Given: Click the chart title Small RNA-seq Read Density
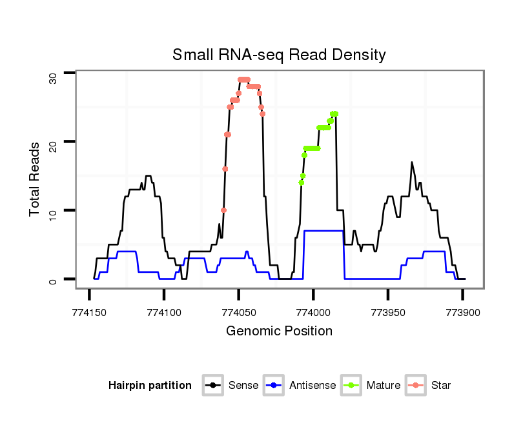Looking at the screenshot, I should pyautogui.click(x=279, y=55).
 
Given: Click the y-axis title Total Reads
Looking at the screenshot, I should pyautogui.click(x=35, y=179).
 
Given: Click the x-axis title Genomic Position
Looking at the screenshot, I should pyautogui.click(x=279, y=331).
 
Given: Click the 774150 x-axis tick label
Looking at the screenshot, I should pyautogui.click(x=89, y=311).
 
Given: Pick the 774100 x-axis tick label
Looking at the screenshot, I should pyautogui.click(x=164, y=311).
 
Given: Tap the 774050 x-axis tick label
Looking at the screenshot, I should pyautogui.click(x=238, y=311).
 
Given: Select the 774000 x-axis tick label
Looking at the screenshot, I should pyautogui.click(x=313, y=311).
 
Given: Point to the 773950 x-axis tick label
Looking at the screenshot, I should pyautogui.click(x=387, y=311).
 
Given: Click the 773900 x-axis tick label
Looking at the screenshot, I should pyautogui.click(x=462, y=311).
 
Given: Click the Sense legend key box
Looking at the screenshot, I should pyautogui.click(x=212, y=386).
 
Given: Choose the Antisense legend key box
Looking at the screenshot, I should pyautogui.click(x=274, y=386).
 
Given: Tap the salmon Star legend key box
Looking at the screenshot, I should pyautogui.click(x=416, y=386).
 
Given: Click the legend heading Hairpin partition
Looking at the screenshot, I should pyautogui.click(x=150, y=386).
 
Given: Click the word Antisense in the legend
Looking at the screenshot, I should pyautogui.click(x=313, y=386).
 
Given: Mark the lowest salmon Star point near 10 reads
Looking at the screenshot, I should pyautogui.click(x=223, y=210).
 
